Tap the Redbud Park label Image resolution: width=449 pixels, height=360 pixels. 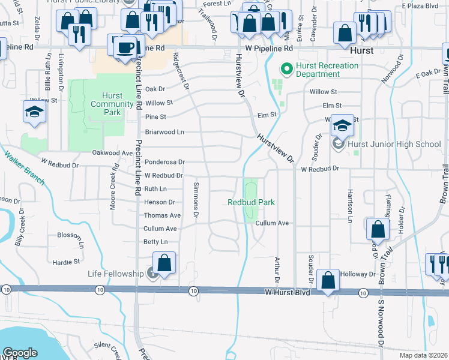(252, 202)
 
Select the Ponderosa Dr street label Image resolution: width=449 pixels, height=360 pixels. (164, 162)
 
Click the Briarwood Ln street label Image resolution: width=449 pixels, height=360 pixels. (164, 131)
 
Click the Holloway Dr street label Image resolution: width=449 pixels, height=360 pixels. (357, 274)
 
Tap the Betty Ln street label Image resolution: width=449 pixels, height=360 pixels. (155, 242)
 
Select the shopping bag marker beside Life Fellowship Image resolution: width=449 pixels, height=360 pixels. (164, 263)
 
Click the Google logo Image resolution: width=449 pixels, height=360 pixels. (20, 353)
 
